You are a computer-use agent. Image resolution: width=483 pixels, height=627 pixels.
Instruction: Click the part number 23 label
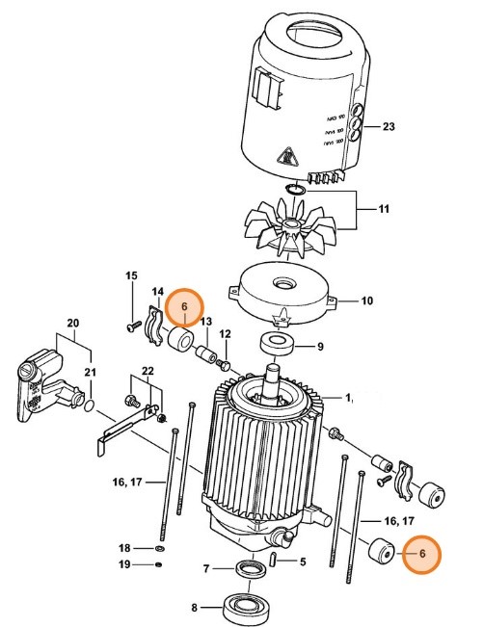tap(389, 126)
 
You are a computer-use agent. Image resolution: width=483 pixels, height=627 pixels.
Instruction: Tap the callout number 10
tap(366, 300)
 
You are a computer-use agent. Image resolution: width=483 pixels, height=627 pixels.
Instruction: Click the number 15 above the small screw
tap(132, 277)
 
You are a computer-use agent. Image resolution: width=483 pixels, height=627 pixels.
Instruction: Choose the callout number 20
tap(71, 323)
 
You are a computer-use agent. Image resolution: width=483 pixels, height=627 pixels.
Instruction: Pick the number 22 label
tap(147, 372)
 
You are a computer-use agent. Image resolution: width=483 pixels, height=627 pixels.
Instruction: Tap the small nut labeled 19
tap(158, 564)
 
